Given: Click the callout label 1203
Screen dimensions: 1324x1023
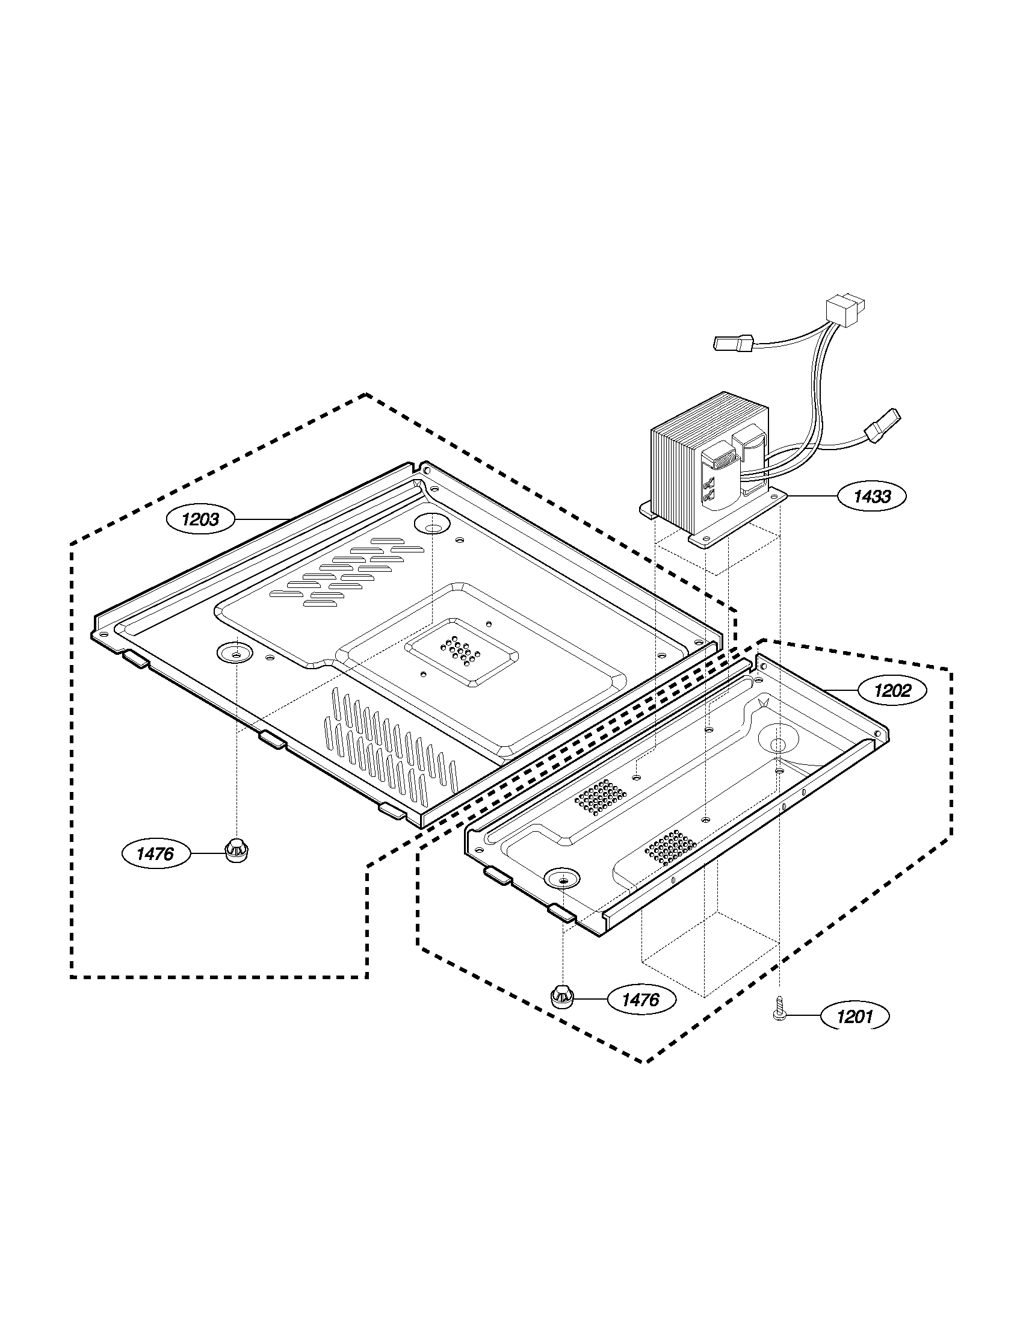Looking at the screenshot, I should pos(200,519).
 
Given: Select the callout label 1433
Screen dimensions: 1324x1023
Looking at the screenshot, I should pos(872,496).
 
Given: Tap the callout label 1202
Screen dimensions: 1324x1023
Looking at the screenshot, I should pos(892,690).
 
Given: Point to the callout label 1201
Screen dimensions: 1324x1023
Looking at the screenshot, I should pos(855,1016).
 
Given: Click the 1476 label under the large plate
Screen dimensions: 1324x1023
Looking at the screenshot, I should pos(156,854).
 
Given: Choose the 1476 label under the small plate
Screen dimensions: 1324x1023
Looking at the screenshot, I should pos(641,999).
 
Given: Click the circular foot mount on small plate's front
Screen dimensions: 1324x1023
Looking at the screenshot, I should pos(562,879).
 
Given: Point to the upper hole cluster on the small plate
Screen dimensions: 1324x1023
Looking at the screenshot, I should pos(601,796).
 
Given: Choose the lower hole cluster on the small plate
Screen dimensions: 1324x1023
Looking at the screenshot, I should pos(671,847).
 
